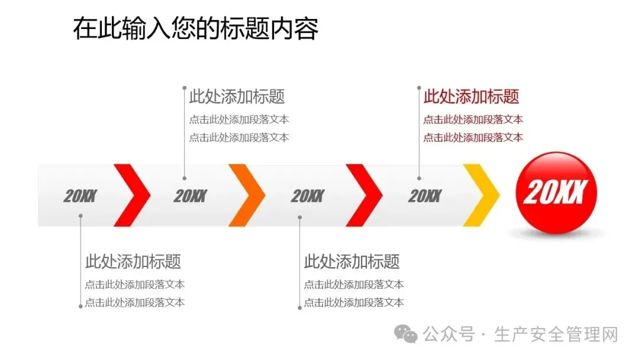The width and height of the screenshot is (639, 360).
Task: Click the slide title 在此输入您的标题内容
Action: pos(195,28)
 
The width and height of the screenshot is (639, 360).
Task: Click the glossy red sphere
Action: pos(555,192)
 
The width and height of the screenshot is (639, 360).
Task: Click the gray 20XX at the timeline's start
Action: pos(80,196)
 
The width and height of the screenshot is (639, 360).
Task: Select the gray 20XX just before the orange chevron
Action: pos(191,196)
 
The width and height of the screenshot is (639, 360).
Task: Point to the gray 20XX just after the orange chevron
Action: pos(308,196)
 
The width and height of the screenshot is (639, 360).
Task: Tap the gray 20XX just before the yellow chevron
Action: pos(425,196)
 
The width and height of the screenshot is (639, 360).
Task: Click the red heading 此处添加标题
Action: pos(472,96)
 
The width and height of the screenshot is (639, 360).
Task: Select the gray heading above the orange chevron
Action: pos(237,96)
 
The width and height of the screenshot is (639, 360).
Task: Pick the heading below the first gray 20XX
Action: pos(133,261)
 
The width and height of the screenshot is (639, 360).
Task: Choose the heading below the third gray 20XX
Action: pos(352,261)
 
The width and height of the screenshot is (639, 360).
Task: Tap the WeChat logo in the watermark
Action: pos(406,335)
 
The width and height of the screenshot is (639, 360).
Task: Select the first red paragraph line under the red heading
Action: pos(473,120)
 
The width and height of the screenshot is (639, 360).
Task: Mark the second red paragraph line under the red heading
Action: pos(473,137)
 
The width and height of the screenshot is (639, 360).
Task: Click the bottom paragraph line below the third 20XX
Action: pos(354,303)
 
